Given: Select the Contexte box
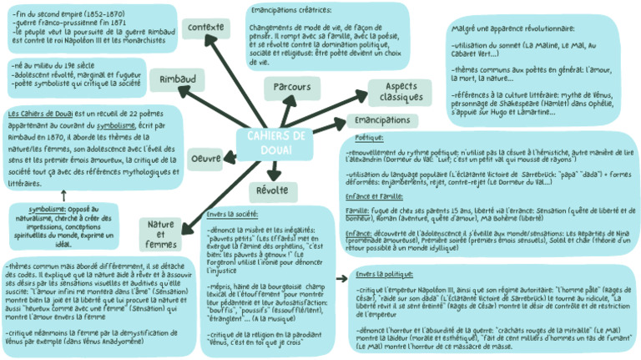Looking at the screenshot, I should click(206, 28).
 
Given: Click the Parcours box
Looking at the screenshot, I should click(291, 87).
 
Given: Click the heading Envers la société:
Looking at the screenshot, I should click(232, 215).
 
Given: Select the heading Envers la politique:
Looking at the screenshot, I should click(386, 275).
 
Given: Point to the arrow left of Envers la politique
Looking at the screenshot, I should click(341, 276).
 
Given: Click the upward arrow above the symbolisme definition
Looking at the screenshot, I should click(63, 194).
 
